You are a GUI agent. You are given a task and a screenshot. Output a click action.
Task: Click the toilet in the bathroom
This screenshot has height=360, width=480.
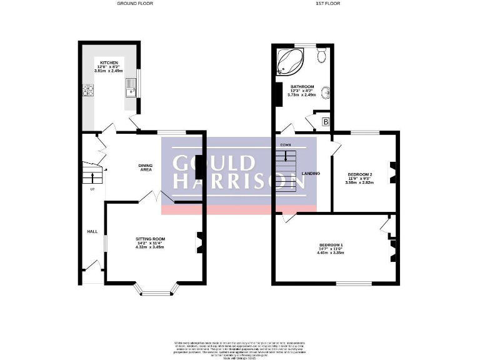pyautogui.click(x=321, y=56)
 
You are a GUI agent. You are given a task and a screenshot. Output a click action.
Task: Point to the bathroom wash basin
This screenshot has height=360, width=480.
pyautogui.click(x=325, y=94)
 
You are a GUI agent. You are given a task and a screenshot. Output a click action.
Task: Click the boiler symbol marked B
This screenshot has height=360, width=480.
pyautogui.click(x=325, y=121)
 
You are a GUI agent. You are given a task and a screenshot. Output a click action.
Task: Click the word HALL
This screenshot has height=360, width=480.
pyautogui.click(x=92, y=231)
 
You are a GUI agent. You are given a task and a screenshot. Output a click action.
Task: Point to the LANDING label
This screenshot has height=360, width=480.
pyautogui.click(x=311, y=173)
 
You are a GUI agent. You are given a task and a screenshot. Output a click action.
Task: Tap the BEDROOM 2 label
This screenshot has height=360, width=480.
pyautogui.click(x=360, y=174)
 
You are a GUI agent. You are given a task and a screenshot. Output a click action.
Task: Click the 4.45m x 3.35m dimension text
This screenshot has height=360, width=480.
pyautogui.click(x=331, y=252)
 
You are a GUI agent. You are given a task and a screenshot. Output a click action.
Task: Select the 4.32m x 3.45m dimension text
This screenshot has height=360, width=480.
pyautogui.click(x=150, y=247)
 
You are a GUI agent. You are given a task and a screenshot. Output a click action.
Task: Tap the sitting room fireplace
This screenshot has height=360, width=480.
pyautogui.click(x=200, y=242)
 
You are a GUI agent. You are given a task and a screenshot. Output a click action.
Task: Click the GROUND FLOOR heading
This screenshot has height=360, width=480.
pyautogui.click(x=135, y=3)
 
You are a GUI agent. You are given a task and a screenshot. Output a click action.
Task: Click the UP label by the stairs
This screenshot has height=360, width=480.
pyautogui.click(x=92, y=189)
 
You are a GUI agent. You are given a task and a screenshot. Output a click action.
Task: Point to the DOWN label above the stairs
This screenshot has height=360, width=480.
pyautogui.click(x=285, y=145)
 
